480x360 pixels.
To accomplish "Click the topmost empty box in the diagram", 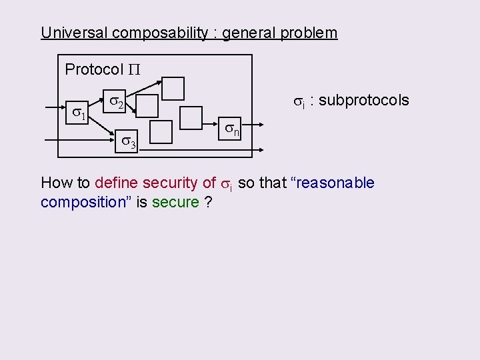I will click(x=174, y=88).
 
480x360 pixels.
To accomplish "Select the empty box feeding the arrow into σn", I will click(x=191, y=118).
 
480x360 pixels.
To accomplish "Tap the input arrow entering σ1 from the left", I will click(x=52, y=106).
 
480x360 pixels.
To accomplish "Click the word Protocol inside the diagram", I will click(x=94, y=69).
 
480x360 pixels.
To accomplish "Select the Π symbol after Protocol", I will click(x=134, y=69).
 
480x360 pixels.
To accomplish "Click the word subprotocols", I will click(x=364, y=100).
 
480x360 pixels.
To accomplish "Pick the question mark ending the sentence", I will click(x=209, y=202).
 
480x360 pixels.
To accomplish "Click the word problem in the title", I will click(x=313, y=33).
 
